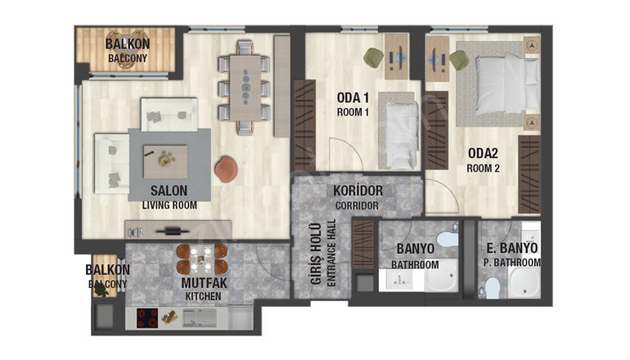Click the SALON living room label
tap(169, 197)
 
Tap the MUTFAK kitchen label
tap(204, 289)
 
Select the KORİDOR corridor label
tap(358, 197)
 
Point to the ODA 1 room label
tap(353, 104)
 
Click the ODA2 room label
tap(483, 160)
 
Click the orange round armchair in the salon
tap(226, 169)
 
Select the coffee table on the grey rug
tap(165, 161)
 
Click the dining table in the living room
tap(245, 88)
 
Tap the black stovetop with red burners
tap(147, 317)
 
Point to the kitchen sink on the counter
tap(200, 317)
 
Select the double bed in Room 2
tap(507, 84)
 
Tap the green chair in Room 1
tap(374, 57)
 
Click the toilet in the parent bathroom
tap(493, 287)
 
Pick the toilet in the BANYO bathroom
tap(447, 240)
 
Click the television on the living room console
tap(173, 231)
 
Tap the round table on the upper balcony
tap(126, 50)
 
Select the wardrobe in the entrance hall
tap(363, 245)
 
